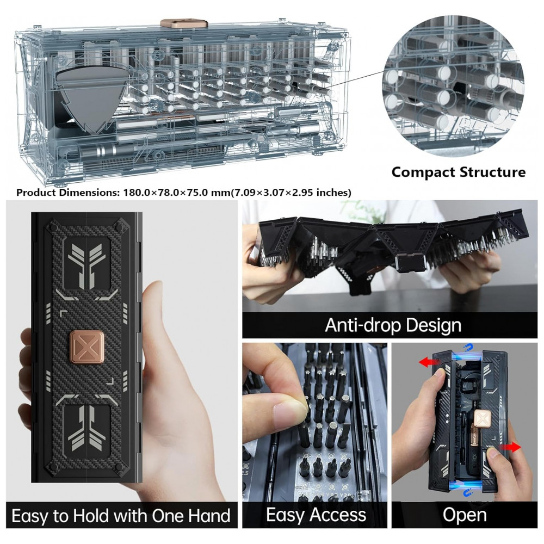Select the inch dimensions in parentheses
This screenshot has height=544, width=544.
coord(291,193)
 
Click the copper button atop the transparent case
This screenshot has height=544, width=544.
coord(184,23)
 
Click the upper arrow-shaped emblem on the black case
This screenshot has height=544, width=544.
coord(86,265)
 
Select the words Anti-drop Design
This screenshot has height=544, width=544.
coord(393,326)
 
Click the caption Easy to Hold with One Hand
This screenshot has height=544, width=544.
coord(121,516)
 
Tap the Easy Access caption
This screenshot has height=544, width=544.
coord(316,515)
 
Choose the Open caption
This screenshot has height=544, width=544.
coord(465,515)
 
